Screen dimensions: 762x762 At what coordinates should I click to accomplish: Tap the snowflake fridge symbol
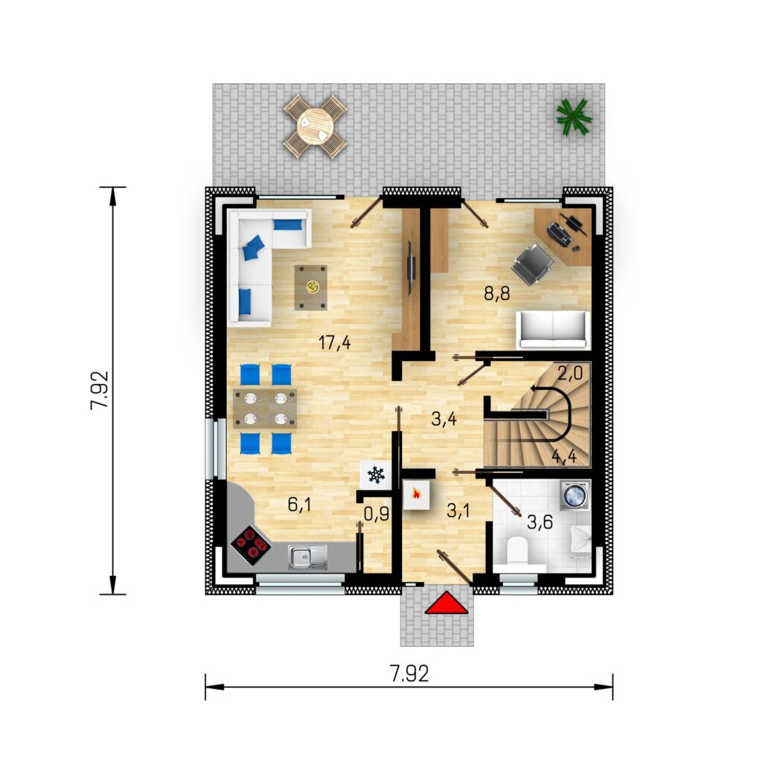(x=376, y=475)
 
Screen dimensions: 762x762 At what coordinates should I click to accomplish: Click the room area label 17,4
(x=334, y=343)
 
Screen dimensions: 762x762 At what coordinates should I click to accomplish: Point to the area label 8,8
(x=496, y=293)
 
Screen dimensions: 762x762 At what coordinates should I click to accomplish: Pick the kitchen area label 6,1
(x=299, y=505)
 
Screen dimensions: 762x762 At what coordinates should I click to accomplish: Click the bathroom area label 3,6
(x=540, y=523)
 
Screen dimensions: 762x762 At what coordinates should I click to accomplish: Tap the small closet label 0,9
(x=377, y=513)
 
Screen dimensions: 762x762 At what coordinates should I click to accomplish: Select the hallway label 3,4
(x=444, y=419)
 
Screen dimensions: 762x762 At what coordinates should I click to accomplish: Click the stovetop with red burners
(x=251, y=545)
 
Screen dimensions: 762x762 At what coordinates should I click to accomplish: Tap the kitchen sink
(x=307, y=557)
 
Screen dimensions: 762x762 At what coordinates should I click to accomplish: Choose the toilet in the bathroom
(x=517, y=551)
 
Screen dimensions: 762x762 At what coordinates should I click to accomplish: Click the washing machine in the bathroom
(x=576, y=495)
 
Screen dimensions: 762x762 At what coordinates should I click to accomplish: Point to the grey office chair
(x=532, y=264)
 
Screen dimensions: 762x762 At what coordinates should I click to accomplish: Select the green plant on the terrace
(x=574, y=117)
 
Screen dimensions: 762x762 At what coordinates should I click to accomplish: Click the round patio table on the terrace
(x=315, y=127)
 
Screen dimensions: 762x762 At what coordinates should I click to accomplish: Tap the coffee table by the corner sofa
(x=310, y=287)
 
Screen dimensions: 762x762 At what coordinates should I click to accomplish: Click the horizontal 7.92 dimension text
(x=409, y=673)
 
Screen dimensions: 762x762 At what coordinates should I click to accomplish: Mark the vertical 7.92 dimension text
(x=100, y=390)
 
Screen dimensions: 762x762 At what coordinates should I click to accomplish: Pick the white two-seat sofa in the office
(x=553, y=330)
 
